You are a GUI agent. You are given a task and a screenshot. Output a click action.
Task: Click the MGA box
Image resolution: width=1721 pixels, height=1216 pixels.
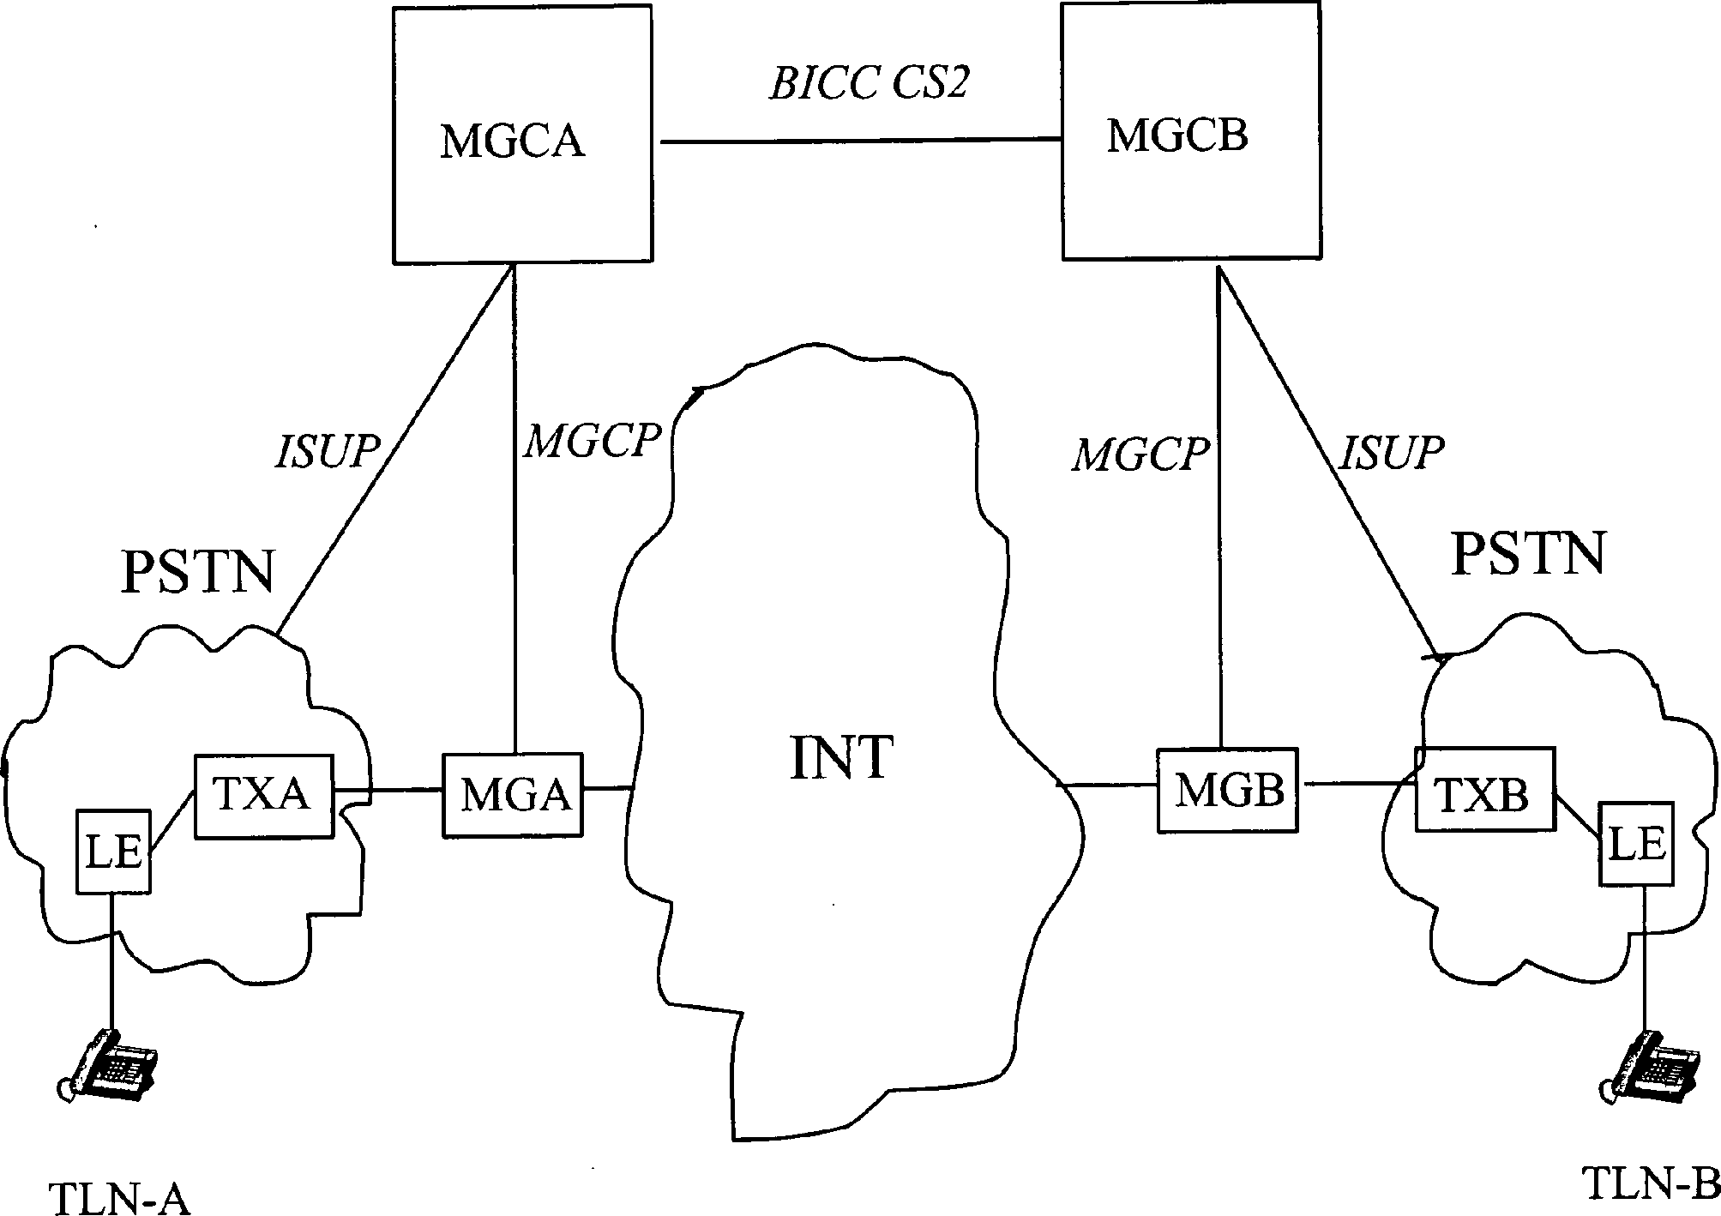[513, 794]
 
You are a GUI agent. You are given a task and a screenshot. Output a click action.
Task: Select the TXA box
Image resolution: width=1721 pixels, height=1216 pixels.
[264, 796]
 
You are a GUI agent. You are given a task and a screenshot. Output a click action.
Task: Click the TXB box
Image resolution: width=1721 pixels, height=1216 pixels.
[1483, 788]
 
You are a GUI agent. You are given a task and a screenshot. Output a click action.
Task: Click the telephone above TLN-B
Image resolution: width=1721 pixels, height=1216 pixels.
[1646, 1077]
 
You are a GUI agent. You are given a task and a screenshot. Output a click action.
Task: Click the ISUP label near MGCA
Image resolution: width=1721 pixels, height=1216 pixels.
[327, 452]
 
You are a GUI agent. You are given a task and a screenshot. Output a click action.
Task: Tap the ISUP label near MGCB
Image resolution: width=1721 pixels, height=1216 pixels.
[1391, 452]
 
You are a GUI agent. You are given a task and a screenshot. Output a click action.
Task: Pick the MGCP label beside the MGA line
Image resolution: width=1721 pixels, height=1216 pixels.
[593, 442]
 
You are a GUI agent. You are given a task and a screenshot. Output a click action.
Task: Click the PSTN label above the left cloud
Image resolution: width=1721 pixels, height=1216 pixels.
[198, 572]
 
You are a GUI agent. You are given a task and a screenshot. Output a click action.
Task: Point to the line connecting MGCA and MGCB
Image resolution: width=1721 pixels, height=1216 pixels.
[857, 140]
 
